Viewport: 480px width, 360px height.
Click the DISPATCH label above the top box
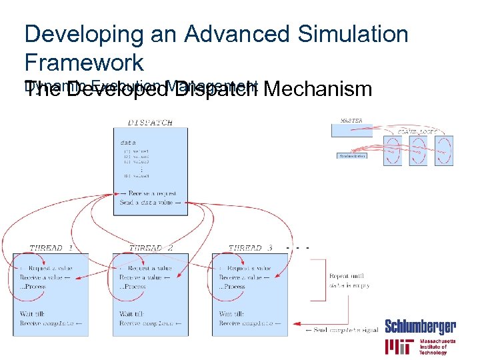[x=150, y=122]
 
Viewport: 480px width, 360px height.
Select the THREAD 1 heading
[x=51, y=248]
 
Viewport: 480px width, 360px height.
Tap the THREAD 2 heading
[x=151, y=248]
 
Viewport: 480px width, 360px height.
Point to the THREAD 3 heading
[x=251, y=248]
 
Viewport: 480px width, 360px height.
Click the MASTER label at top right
[x=351, y=121]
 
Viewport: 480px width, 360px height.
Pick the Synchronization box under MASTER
[x=353, y=156]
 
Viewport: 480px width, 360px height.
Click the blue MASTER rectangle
[x=351, y=130]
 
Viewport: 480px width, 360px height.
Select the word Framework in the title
[x=84, y=63]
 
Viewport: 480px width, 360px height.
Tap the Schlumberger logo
[x=420, y=327]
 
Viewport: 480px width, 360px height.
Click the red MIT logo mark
[x=399, y=347]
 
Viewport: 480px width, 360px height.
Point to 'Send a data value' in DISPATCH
[x=150, y=202]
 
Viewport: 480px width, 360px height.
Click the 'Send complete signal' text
[x=341, y=330]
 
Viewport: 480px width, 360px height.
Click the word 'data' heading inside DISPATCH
[x=128, y=142]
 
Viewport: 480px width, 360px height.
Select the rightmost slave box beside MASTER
[x=444, y=151]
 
